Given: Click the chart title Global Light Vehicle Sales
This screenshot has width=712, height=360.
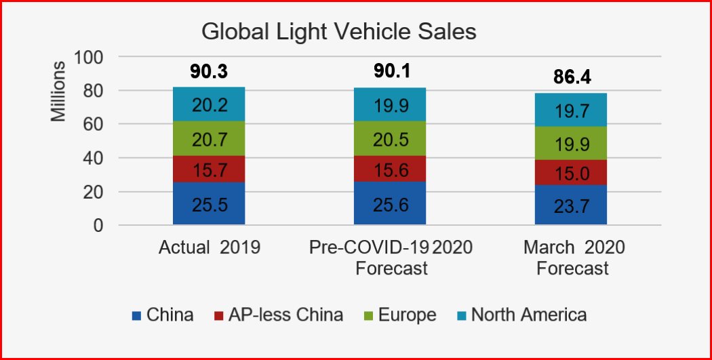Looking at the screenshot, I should (339, 32).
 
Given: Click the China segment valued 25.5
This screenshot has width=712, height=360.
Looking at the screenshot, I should (209, 203).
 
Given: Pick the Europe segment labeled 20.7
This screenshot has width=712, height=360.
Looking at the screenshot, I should (209, 140).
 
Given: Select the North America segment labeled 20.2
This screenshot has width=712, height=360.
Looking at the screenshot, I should (209, 104).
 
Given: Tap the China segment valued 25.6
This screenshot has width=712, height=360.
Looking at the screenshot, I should (390, 203).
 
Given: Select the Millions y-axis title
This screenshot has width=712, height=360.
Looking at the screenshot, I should (59, 91).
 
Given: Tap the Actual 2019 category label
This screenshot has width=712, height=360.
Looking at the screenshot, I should (209, 247).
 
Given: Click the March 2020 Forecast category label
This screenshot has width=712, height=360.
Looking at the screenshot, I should (573, 258).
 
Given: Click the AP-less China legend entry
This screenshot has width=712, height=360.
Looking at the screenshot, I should (279, 315).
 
